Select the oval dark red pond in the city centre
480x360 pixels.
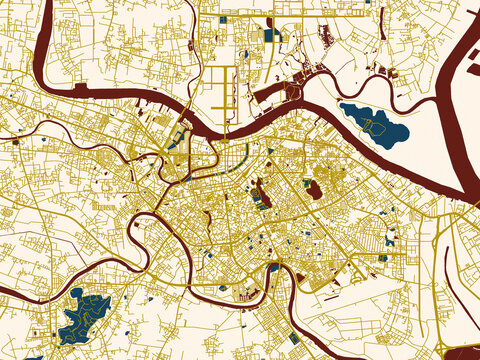[x=313, y=188]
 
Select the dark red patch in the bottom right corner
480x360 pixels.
[x=462, y=352]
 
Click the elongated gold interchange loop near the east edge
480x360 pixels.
[x=440, y=240]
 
